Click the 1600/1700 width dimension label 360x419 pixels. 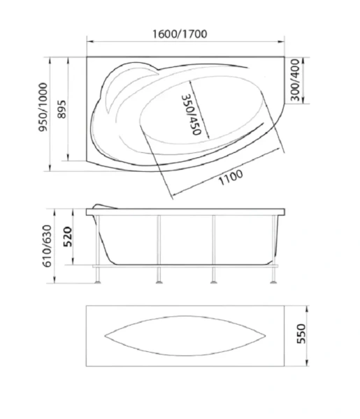[x=180, y=34]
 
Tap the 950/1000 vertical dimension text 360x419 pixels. [x=43, y=107]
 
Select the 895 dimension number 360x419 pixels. [x=62, y=110]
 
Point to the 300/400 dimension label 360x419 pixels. [x=295, y=80]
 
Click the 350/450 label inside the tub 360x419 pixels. [x=191, y=115]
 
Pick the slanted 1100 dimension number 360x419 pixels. [x=231, y=177]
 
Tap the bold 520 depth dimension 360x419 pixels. [x=67, y=237]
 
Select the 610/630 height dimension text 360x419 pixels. [x=47, y=246]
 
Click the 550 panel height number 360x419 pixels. [x=301, y=334]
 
